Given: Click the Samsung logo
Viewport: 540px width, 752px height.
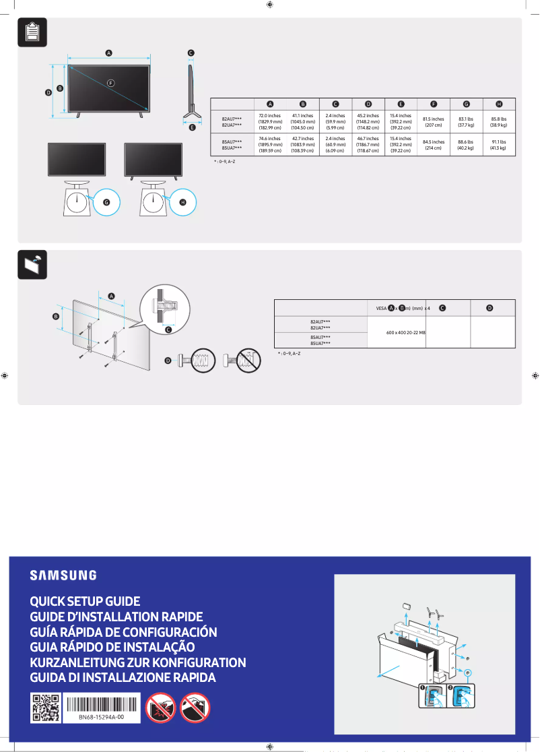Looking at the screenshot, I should pyautogui.click(x=63, y=575).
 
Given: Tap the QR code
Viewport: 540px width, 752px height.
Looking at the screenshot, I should pyautogui.click(x=46, y=708).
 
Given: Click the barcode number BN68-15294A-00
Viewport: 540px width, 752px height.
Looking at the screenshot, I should pyautogui.click(x=101, y=718).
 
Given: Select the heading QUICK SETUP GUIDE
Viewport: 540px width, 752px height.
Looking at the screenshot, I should pyautogui.click(x=85, y=601).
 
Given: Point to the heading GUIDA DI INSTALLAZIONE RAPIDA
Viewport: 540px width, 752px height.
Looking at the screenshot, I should pyautogui.click(x=123, y=677).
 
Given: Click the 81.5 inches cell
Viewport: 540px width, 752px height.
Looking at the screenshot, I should pyautogui.click(x=433, y=122).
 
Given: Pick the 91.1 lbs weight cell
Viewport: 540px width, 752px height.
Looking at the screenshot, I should pyautogui.click(x=498, y=145).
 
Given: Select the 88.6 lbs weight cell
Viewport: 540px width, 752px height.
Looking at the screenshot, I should pyautogui.click(x=465, y=145).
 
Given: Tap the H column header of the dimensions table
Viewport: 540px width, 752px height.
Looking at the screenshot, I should pyautogui.click(x=499, y=104).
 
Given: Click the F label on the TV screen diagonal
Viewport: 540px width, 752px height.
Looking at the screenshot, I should pyautogui.click(x=110, y=82).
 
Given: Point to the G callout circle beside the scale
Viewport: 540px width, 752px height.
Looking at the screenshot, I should pyautogui.click(x=105, y=201).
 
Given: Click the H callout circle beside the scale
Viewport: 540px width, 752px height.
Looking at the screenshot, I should pyautogui.click(x=182, y=201).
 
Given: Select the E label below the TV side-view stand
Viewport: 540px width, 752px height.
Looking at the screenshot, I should pyautogui.click(x=191, y=127).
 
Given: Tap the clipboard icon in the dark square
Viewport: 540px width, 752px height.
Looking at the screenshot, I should pyautogui.click(x=32, y=32).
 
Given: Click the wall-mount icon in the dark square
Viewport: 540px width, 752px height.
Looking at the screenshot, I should pyautogui.click(x=32, y=264).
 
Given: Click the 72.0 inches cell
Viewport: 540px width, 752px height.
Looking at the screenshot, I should pyautogui.click(x=269, y=122).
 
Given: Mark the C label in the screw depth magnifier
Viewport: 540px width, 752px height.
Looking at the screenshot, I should pyautogui.click(x=168, y=330).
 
